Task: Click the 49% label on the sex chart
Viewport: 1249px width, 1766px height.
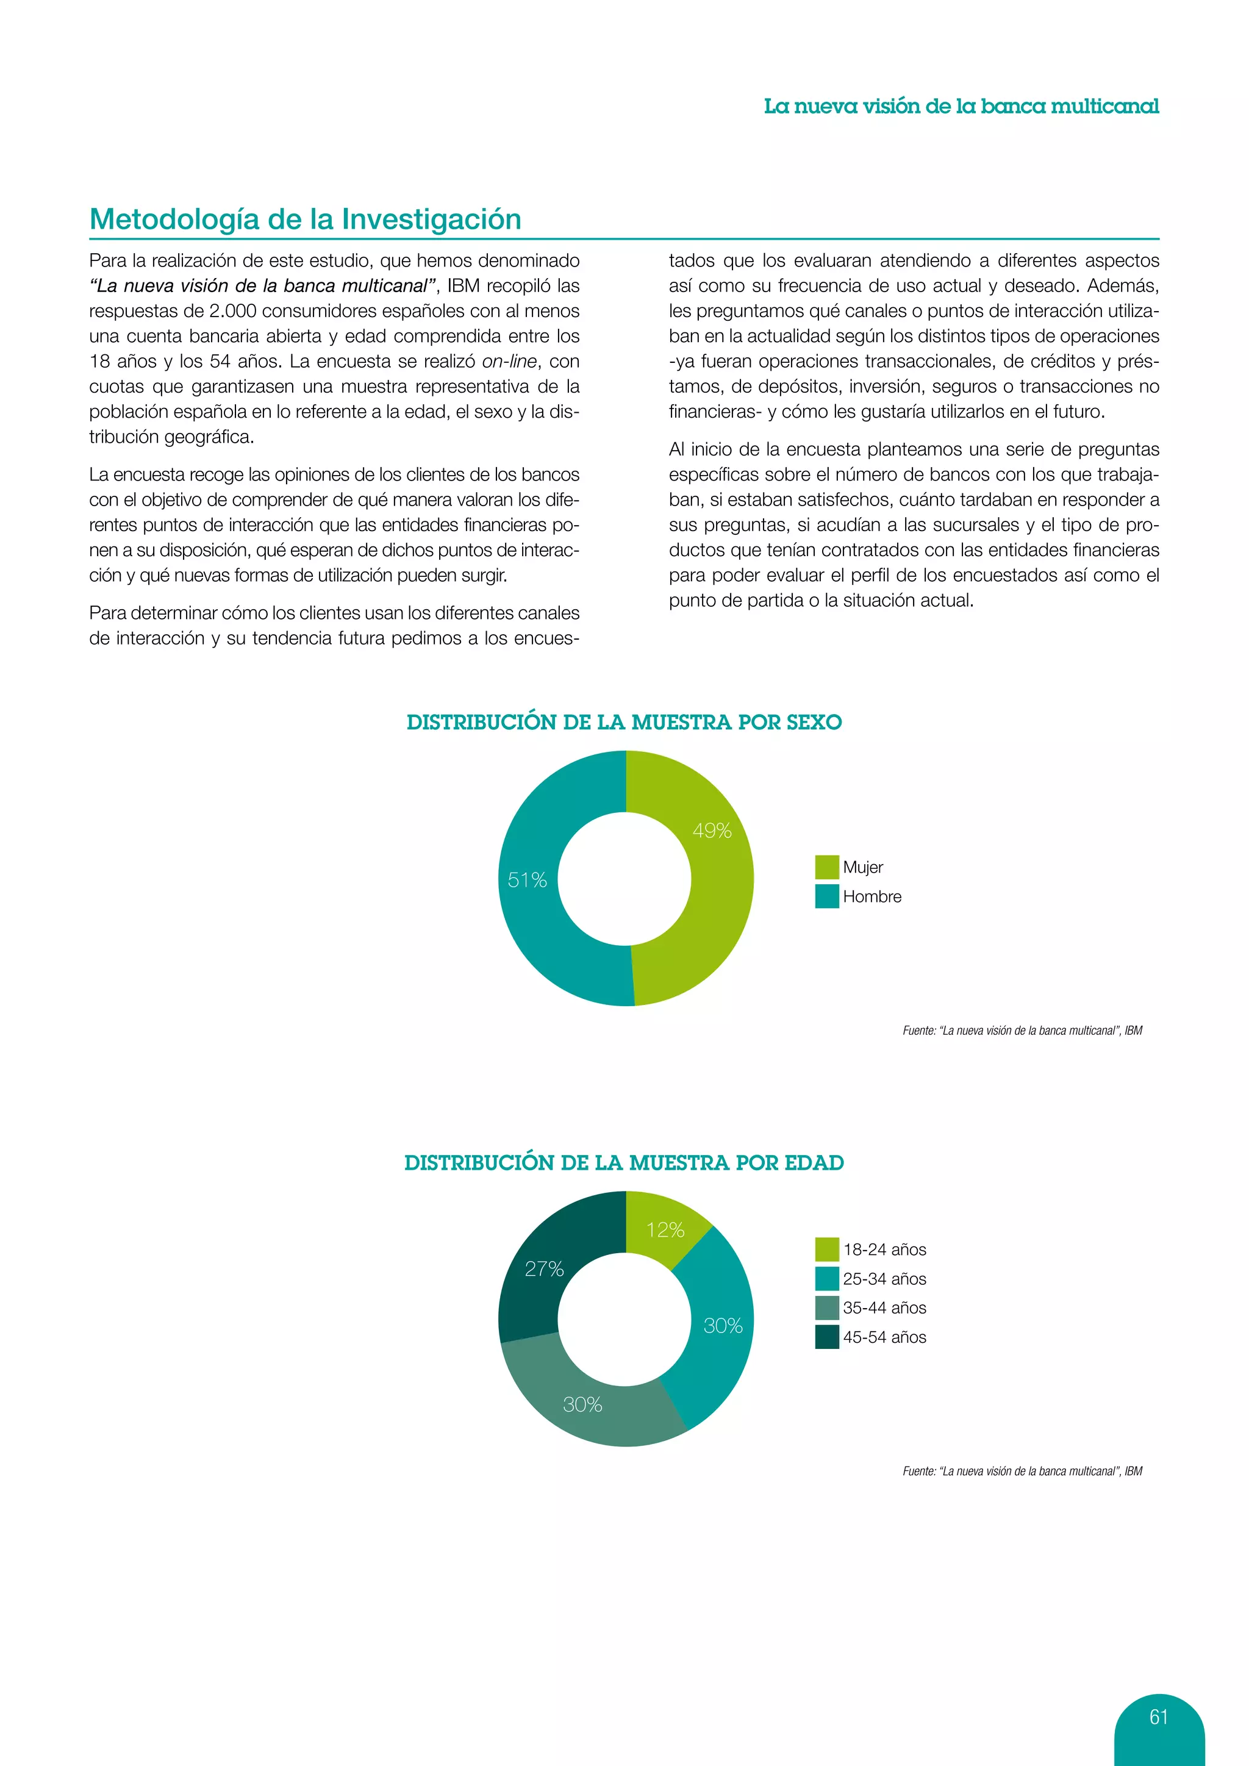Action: [x=712, y=831]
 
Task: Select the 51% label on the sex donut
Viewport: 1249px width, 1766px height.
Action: [x=527, y=880]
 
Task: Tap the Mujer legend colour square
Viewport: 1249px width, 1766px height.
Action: [x=827, y=867]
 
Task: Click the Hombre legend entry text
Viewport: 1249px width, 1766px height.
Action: [x=871, y=897]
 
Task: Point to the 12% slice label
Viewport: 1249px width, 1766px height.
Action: [x=665, y=1230]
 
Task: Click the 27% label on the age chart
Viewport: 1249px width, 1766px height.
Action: [x=544, y=1268]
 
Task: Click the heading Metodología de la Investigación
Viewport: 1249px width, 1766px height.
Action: [x=306, y=219]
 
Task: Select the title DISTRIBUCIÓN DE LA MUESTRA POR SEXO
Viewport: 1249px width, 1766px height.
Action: [x=624, y=722]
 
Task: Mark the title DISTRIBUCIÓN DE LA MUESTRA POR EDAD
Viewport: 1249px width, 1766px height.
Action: [x=624, y=1163]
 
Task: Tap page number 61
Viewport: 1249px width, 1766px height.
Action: [x=1158, y=1717]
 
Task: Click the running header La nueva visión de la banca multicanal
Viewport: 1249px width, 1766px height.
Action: [x=961, y=106]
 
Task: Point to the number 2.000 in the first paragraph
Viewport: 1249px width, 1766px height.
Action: [x=232, y=311]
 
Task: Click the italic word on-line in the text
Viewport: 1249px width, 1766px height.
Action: [x=509, y=362]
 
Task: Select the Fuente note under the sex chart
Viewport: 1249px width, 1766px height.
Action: [x=1022, y=1031]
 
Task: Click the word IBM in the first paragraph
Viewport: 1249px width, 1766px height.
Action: [x=463, y=286]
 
